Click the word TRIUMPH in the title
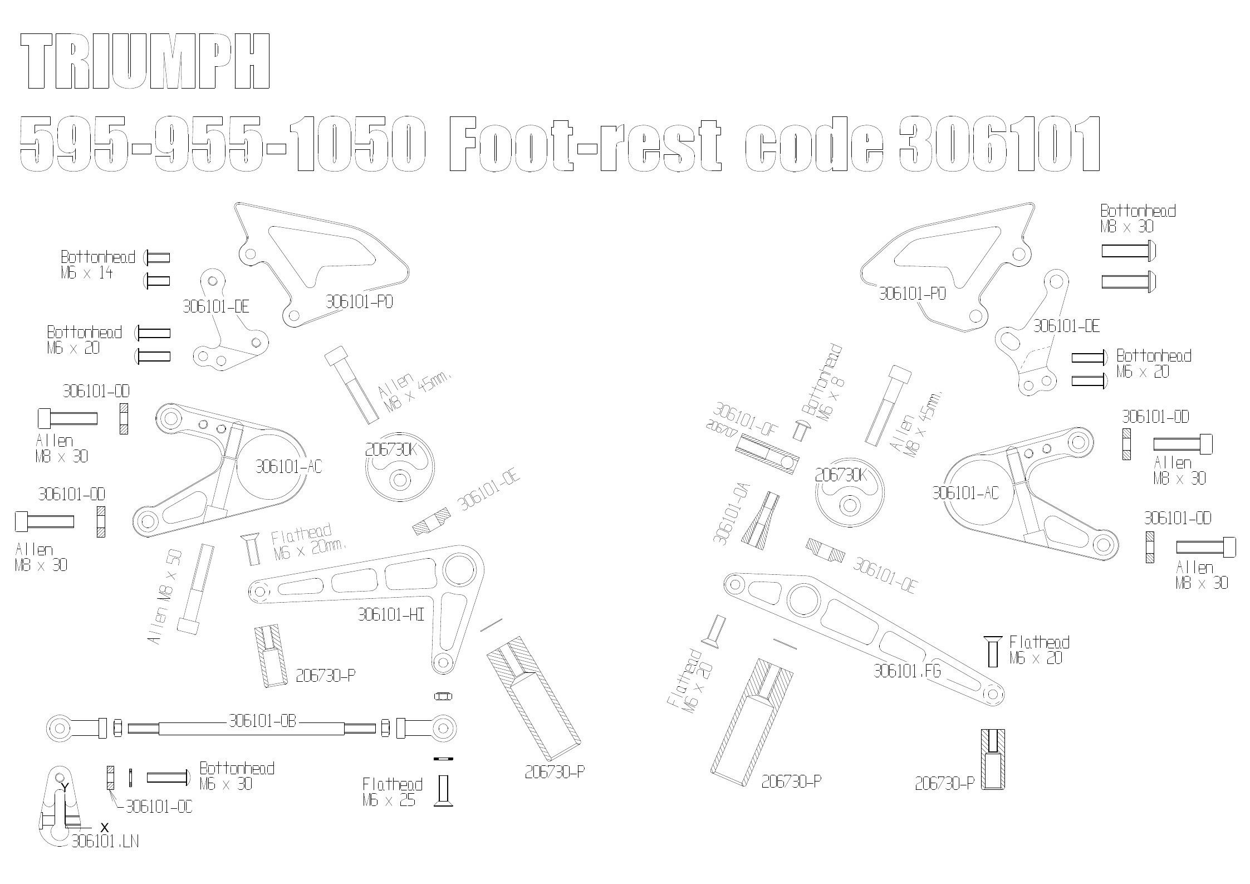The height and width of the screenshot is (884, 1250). pyautogui.click(x=145, y=61)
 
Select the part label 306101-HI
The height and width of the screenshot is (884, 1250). pyautogui.click(x=391, y=614)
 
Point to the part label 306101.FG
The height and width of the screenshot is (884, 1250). pyautogui.click(x=907, y=671)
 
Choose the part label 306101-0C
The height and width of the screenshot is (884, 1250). pyautogui.click(x=159, y=807)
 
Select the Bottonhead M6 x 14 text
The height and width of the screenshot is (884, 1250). pyautogui.click(x=98, y=265)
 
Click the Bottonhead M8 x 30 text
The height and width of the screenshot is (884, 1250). pyautogui.click(x=1138, y=218)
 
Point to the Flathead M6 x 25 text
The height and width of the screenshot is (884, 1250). pyautogui.click(x=393, y=792)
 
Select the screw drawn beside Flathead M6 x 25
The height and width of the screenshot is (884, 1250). pyautogui.click(x=443, y=790)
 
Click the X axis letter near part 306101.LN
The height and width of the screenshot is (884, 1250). pyautogui.click(x=104, y=827)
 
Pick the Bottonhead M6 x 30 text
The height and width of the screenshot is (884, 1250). pyautogui.click(x=237, y=776)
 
